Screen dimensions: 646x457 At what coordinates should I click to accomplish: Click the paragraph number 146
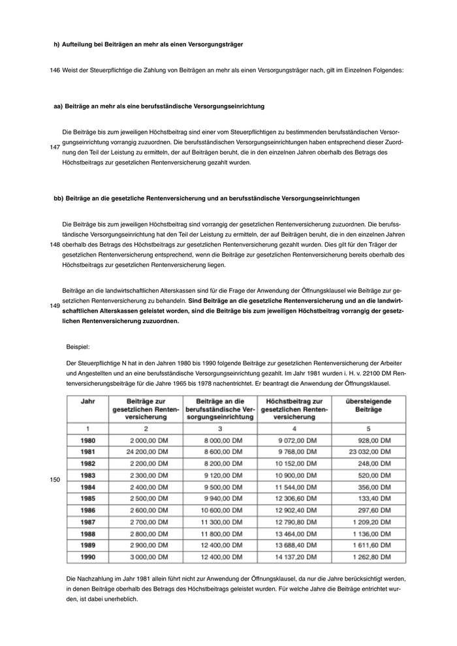pyautogui.click(x=55, y=70)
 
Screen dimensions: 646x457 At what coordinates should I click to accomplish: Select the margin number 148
pyautogui.click(x=55, y=244)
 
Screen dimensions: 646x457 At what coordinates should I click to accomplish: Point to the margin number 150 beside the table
pyautogui.click(x=55, y=480)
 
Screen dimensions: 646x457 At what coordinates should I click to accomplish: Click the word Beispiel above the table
pyautogui.click(x=78, y=347)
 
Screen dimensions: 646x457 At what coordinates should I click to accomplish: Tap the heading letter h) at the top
pyautogui.click(x=56, y=44)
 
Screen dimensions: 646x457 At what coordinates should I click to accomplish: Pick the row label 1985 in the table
pyautogui.click(x=87, y=498)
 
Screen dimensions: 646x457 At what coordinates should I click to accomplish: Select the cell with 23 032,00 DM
pyautogui.click(x=368, y=451)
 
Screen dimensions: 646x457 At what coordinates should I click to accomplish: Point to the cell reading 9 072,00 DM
pyautogui.click(x=296, y=440)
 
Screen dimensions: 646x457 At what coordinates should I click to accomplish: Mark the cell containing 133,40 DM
pyautogui.click(x=375, y=498)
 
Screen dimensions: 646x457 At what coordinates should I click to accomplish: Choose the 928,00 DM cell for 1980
pyautogui.click(x=375, y=440)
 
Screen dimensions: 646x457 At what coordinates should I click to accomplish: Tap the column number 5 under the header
pyautogui.click(x=368, y=428)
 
